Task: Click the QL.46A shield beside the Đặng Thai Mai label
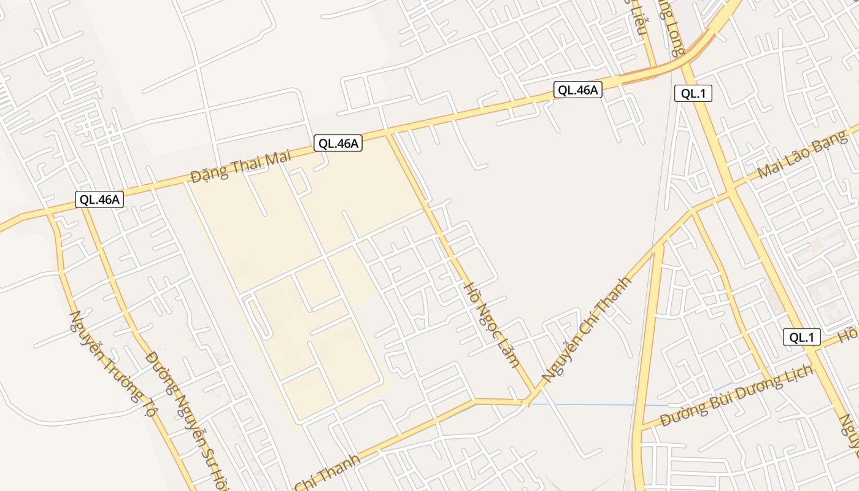tap(338, 144)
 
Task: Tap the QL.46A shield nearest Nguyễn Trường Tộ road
tap(99, 199)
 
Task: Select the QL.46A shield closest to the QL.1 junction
tap(577, 90)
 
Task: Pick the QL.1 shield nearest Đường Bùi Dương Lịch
tap(802, 337)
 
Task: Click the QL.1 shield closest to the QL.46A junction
tap(693, 93)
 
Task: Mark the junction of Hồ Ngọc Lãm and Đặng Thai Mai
tap(388, 133)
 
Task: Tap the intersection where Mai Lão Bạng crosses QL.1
tap(731, 193)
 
